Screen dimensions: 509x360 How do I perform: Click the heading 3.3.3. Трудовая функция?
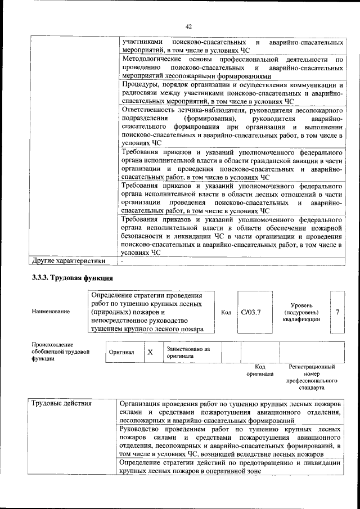tap(72, 277)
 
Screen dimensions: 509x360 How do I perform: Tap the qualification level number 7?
tap(337, 312)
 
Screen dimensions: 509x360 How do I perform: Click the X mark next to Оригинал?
tap(150, 353)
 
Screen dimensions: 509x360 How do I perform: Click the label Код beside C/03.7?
tap(226, 312)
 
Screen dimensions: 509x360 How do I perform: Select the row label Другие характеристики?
tap(69, 260)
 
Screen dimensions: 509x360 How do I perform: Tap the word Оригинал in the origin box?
tap(121, 353)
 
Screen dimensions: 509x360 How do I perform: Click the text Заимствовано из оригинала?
tap(188, 352)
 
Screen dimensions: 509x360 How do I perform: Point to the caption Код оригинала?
tap(260, 370)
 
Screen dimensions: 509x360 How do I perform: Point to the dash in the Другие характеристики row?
tap(122, 260)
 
